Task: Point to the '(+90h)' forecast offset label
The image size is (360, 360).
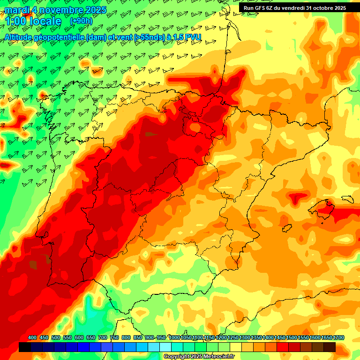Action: point(81,21)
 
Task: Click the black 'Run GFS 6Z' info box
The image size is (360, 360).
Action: point(294,7)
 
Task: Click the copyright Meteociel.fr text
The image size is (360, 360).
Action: point(199,357)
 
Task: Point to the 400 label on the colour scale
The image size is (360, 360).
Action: point(32,338)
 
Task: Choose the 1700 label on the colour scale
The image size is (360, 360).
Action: point(327,338)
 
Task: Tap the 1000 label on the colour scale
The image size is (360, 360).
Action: point(174,338)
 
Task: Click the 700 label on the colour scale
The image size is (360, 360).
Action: point(103,338)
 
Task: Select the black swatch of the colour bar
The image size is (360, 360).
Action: point(25,347)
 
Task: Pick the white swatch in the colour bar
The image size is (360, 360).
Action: point(165,347)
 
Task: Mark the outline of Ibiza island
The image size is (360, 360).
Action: point(285,228)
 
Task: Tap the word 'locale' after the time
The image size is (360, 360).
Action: point(45,21)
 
